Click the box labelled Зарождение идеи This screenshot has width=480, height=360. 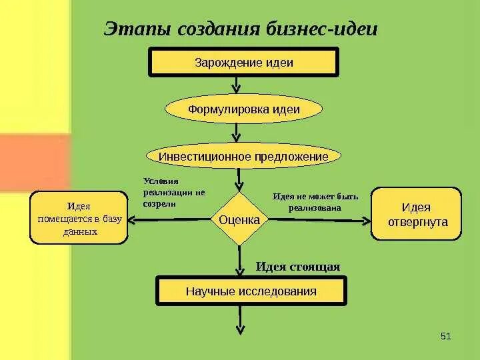(243, 63)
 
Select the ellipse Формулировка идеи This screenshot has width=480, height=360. (243, 109)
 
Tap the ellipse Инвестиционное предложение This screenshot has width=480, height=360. (243, 156)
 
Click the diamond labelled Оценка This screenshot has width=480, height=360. (239, 219)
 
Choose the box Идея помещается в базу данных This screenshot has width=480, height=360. (79, 218)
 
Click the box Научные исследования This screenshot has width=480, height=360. (251, 291)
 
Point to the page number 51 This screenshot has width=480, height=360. (446, 336)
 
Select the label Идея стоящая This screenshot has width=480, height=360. (298, 267)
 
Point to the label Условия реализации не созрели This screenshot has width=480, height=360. (174, 192)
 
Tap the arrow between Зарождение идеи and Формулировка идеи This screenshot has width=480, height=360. (236, 85)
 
